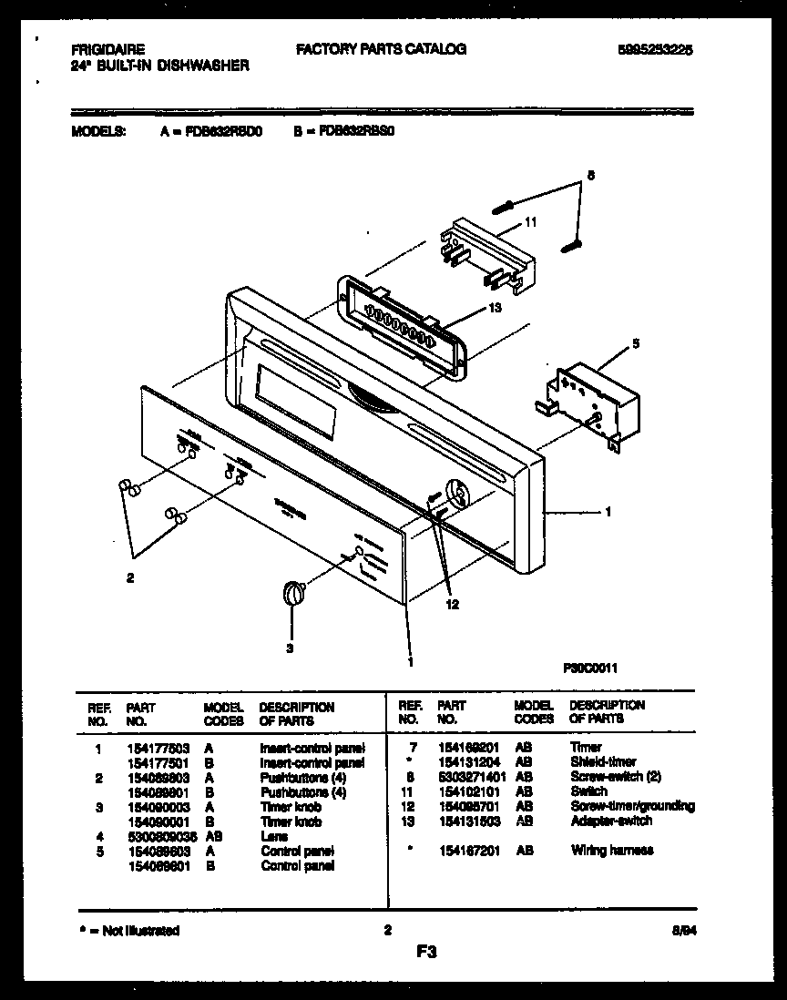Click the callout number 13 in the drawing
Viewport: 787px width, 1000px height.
point(495,308)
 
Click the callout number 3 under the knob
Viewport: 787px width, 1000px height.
point(290,648)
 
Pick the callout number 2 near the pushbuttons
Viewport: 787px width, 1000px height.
point(130,577)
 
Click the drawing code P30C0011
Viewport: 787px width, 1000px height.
point(591,668)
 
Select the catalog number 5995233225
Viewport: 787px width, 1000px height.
point(654,50)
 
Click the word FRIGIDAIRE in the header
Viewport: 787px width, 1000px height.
point(107,50)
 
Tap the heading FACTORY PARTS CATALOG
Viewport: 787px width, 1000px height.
point(381,49)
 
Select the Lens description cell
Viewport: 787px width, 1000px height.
point(273,836)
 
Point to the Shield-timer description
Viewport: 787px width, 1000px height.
point(603,761)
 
